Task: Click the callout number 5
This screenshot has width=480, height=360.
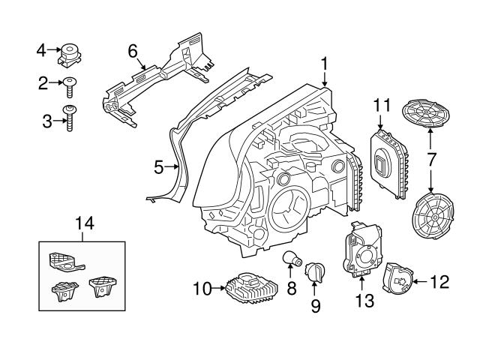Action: tap(159, 167)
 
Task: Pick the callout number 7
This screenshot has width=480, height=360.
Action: tap(431, 160)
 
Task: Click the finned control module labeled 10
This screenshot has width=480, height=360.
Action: tap(252, 285)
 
